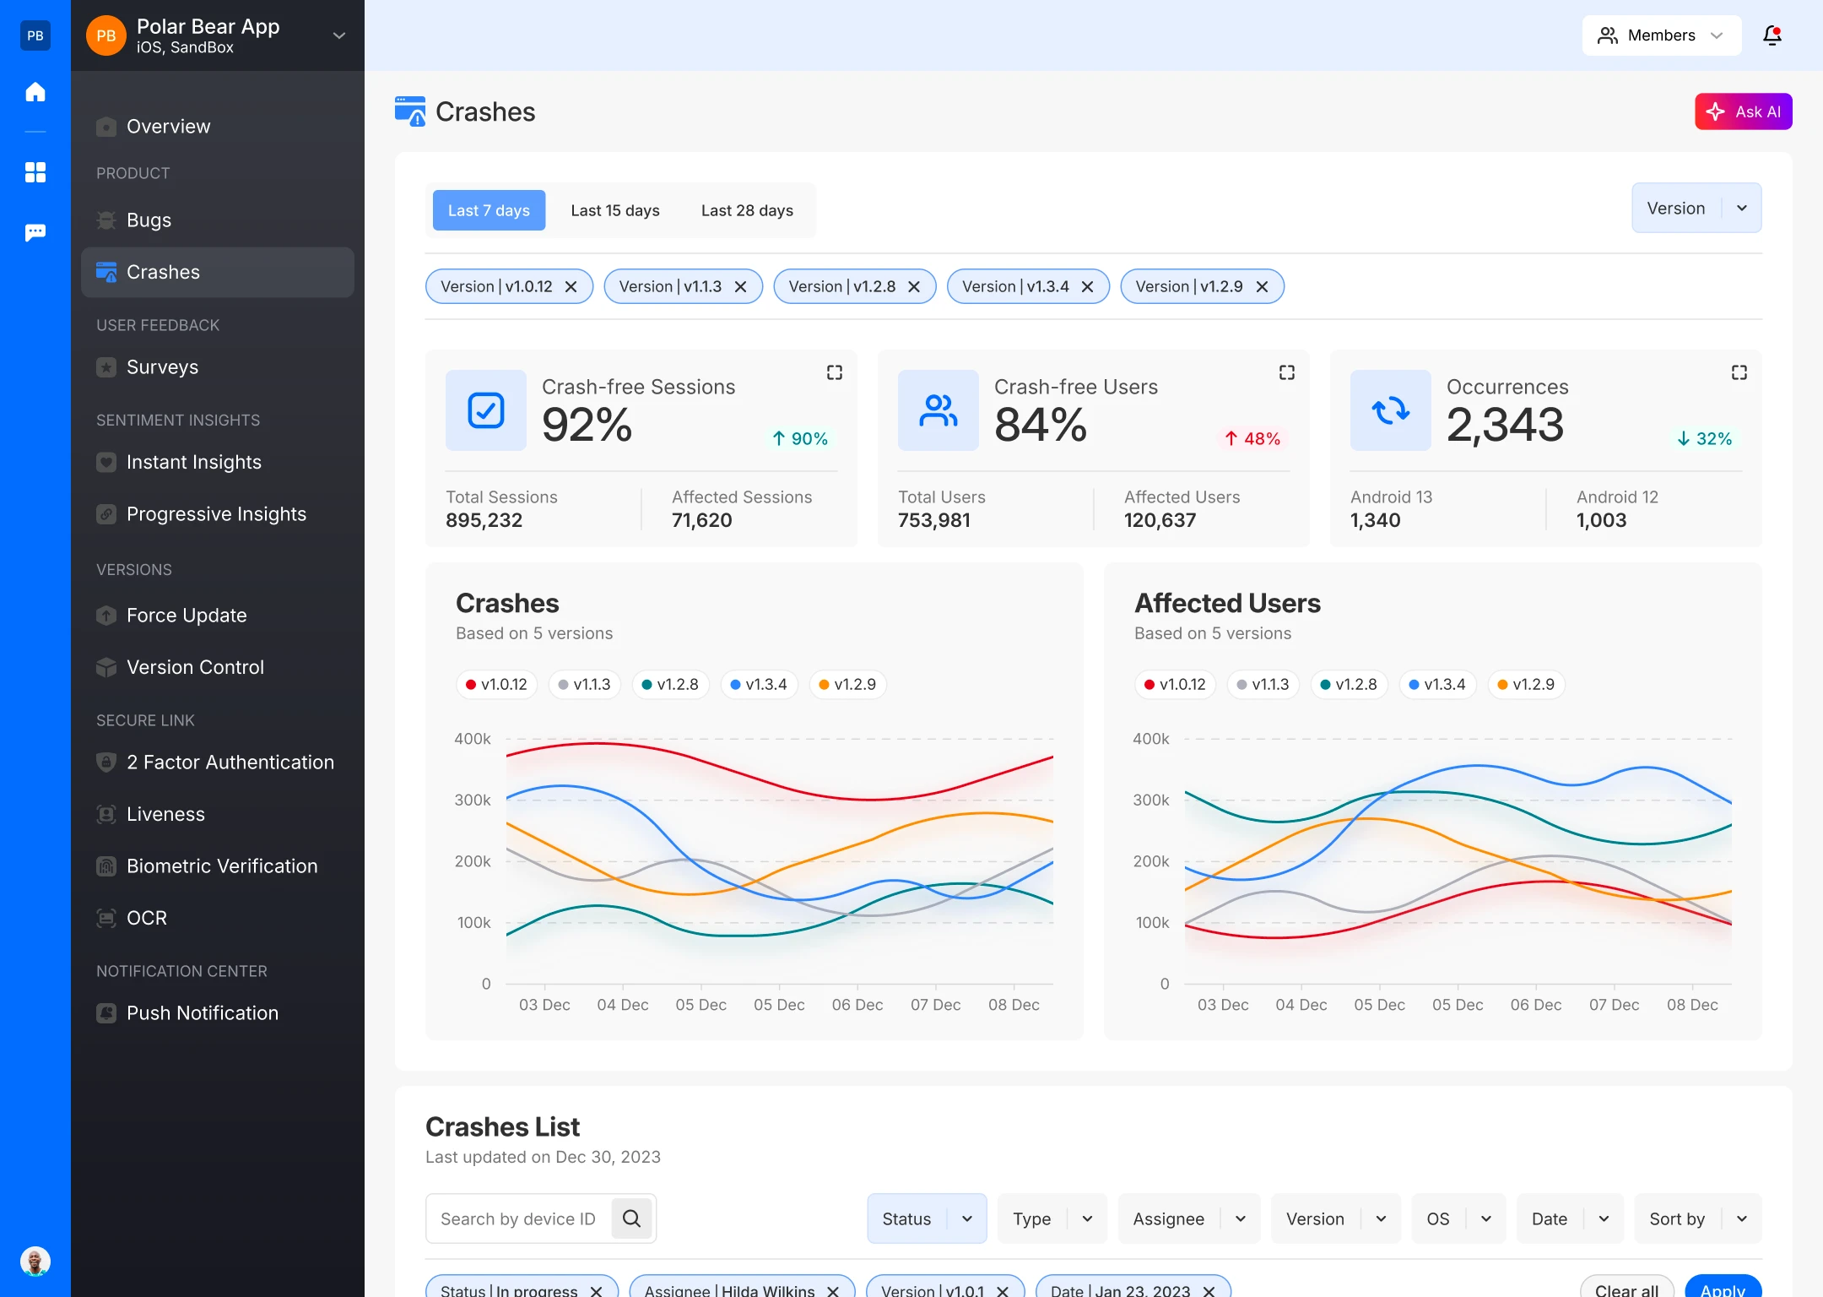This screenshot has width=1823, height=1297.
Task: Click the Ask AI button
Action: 1743,111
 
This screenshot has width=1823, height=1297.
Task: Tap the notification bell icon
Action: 1772,35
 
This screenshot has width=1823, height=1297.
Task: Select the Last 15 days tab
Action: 614,210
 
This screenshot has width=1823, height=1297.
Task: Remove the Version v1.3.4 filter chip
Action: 1087,287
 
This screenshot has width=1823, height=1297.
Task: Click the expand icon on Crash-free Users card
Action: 1286,372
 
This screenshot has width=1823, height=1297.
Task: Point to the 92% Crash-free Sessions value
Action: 587,425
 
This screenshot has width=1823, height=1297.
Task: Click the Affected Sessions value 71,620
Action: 701,520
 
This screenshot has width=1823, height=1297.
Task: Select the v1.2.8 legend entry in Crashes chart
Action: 670,684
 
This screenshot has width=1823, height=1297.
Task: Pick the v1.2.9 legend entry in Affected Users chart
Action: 1526,684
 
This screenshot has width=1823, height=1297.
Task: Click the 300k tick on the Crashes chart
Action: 472,800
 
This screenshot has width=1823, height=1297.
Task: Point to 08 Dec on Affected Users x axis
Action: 1691,1005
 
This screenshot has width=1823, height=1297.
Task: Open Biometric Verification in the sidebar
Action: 221,866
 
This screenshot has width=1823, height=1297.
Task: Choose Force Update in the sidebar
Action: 187,616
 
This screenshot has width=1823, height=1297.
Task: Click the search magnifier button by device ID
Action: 631,1218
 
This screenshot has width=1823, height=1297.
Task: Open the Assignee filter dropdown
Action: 1188,1218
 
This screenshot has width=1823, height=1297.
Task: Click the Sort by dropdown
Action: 1697,1218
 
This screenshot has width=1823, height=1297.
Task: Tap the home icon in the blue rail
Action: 35,92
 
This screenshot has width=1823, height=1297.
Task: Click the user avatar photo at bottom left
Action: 35,1262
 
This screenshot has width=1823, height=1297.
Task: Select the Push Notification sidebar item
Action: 202,1013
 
